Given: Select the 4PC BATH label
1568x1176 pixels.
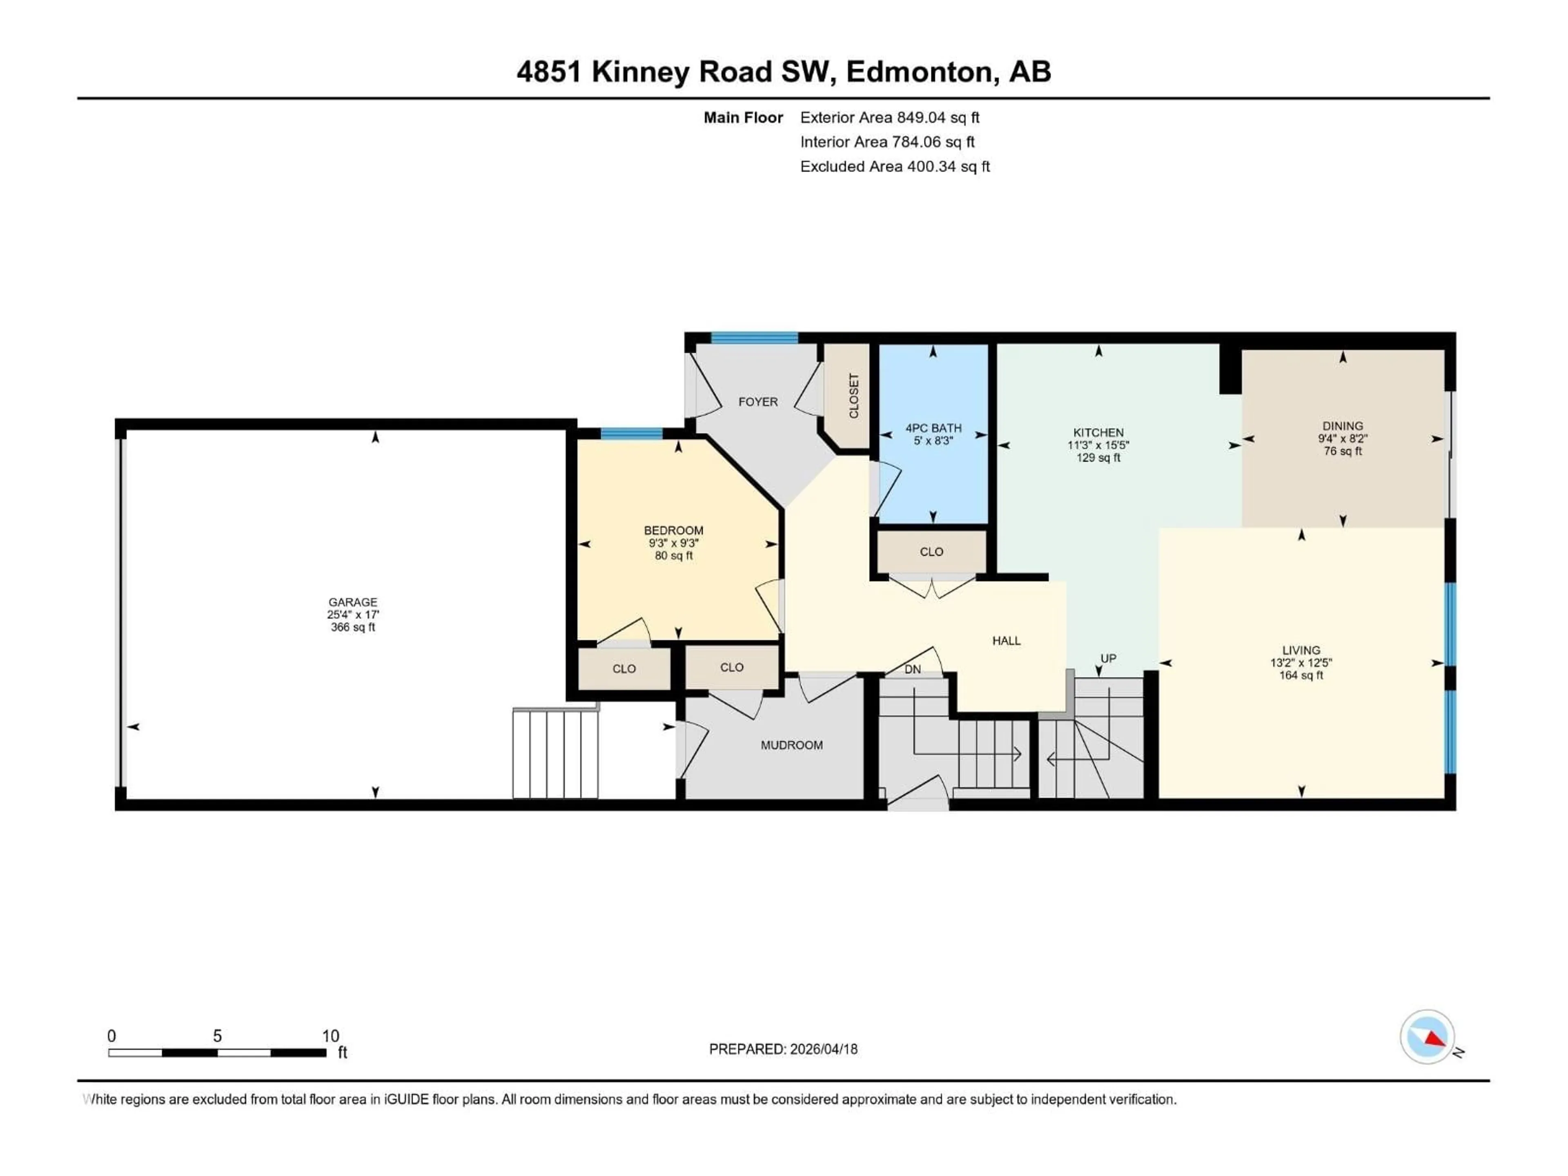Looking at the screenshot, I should click(x=933, y=428).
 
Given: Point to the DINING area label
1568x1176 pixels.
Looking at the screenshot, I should click(x=1342, y=426).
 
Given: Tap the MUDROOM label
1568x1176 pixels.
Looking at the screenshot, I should click(x=791, y=745).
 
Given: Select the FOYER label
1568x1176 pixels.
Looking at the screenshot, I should click(x=758, y=402).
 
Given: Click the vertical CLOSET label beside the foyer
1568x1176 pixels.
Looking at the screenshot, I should click(x=853, y=396).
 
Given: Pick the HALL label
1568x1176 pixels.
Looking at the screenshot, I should click(x=1006, y=641).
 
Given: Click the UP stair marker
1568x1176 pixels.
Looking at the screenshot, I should click(x=1108, y=659).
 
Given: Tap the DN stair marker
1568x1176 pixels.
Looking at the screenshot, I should click(x=912, y=669).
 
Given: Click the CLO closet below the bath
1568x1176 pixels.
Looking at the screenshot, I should click(x=931, y=552).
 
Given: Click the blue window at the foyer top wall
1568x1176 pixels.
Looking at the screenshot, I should click(x=754, y=337).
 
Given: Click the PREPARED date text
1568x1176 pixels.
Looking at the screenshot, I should click(x=783, y=1049).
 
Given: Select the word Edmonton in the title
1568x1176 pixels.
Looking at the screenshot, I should click(x=919, y=71).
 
